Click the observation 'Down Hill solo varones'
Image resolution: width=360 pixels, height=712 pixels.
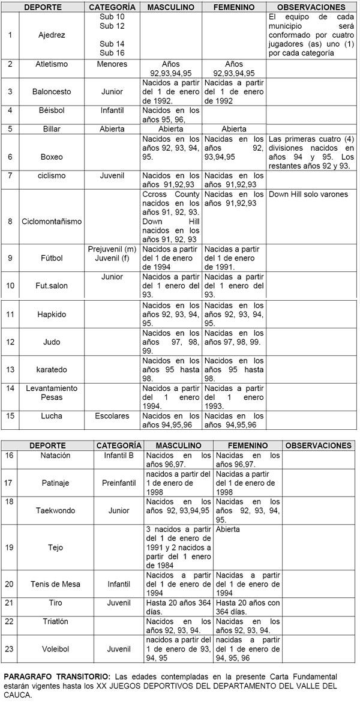[x=308, y=195]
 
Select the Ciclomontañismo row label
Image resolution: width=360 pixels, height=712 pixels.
[x=52, y=221]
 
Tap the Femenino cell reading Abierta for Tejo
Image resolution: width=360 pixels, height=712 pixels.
[x=227, y=529]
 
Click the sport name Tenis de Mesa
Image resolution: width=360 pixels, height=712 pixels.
[x=55, y=584]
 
